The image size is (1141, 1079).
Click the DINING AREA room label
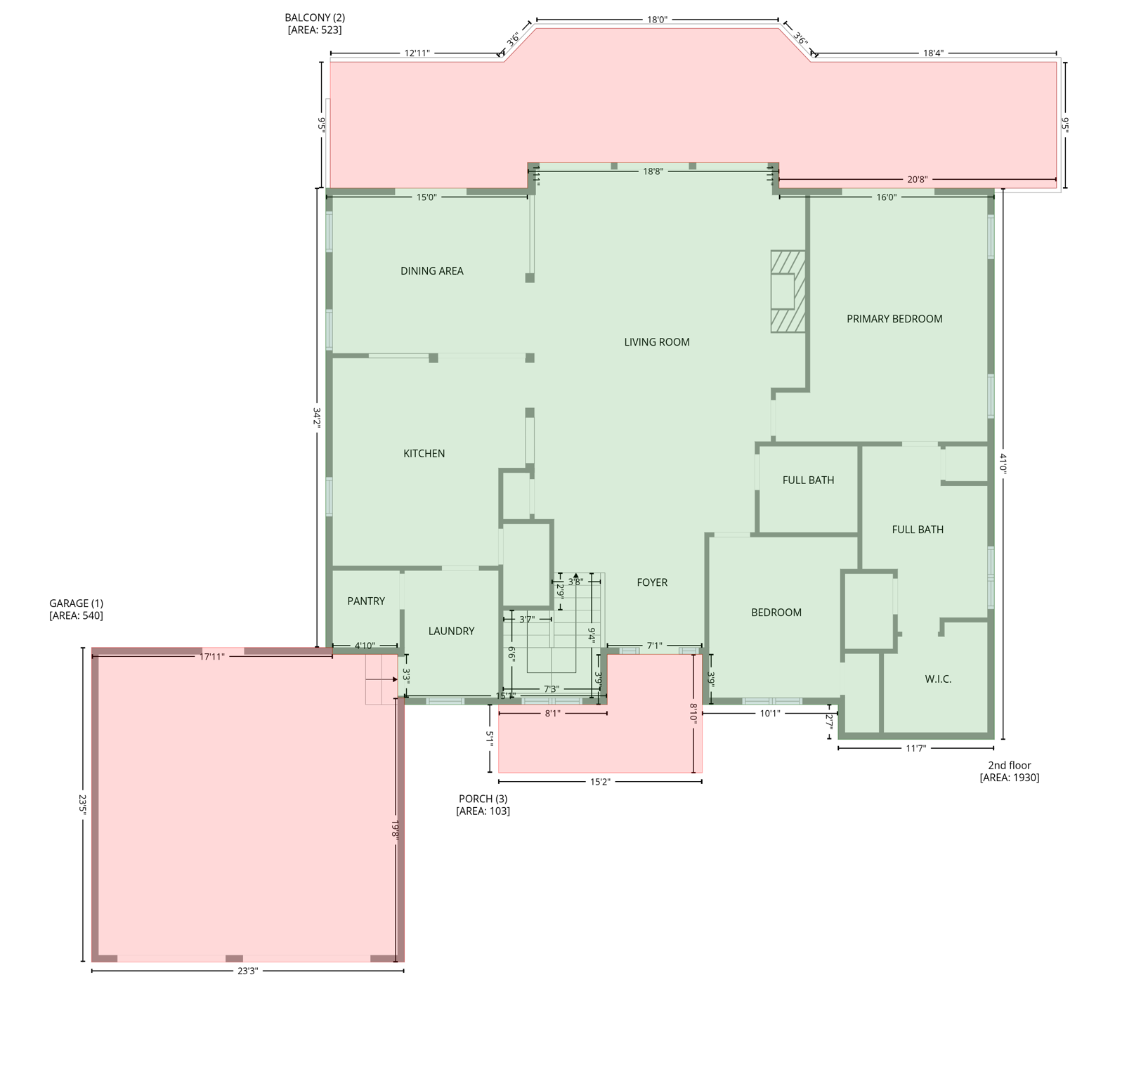pyautogui.click(x=431, y=271)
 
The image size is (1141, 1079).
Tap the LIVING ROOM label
pyautogui.click(x=657, y=342)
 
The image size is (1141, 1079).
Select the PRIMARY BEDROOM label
pyautogui.click(x=894, y=319)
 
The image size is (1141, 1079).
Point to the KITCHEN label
pyautogui.click(x=424, y=454)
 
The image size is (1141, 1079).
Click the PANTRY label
pyautogui.click(x=366, y=601)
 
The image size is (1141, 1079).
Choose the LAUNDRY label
pyautogui.click(x=451, y=632)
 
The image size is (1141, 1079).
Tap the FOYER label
pyautogui.click(x=652, y=582)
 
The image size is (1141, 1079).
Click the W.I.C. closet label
pyautogui.click(x=938, y=679)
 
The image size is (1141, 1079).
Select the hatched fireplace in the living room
pyautogui.click(x=788, y=292)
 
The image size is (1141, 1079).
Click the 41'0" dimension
pyautogui.click(x=1003, y=464)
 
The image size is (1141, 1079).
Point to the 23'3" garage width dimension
pyautogui.click(x=247, y=971)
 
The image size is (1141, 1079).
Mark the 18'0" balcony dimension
pyautogui.click(x=657, y=20)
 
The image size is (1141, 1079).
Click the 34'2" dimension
pyautogui.click(x=317, y=418)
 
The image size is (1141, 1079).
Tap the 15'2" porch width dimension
pyautogui.click(x=600, y=781)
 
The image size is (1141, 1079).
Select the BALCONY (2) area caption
pyautogui.click(x=315, y=24)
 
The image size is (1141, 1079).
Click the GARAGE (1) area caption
pyautogui.click(x=76, y=609)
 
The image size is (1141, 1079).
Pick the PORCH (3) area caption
pyautogui.click(x=483, y=804)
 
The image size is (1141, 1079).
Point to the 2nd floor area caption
pyautogui.click(x=1009, y=771)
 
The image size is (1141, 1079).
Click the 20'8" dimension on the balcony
pyautogui.click(x=917, y=180)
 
